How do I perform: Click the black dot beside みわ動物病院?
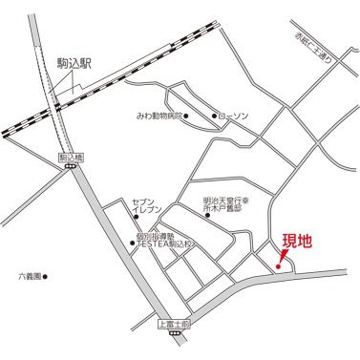[186, 116]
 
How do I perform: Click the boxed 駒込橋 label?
[71, 155]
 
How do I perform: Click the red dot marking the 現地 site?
[278, 265]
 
